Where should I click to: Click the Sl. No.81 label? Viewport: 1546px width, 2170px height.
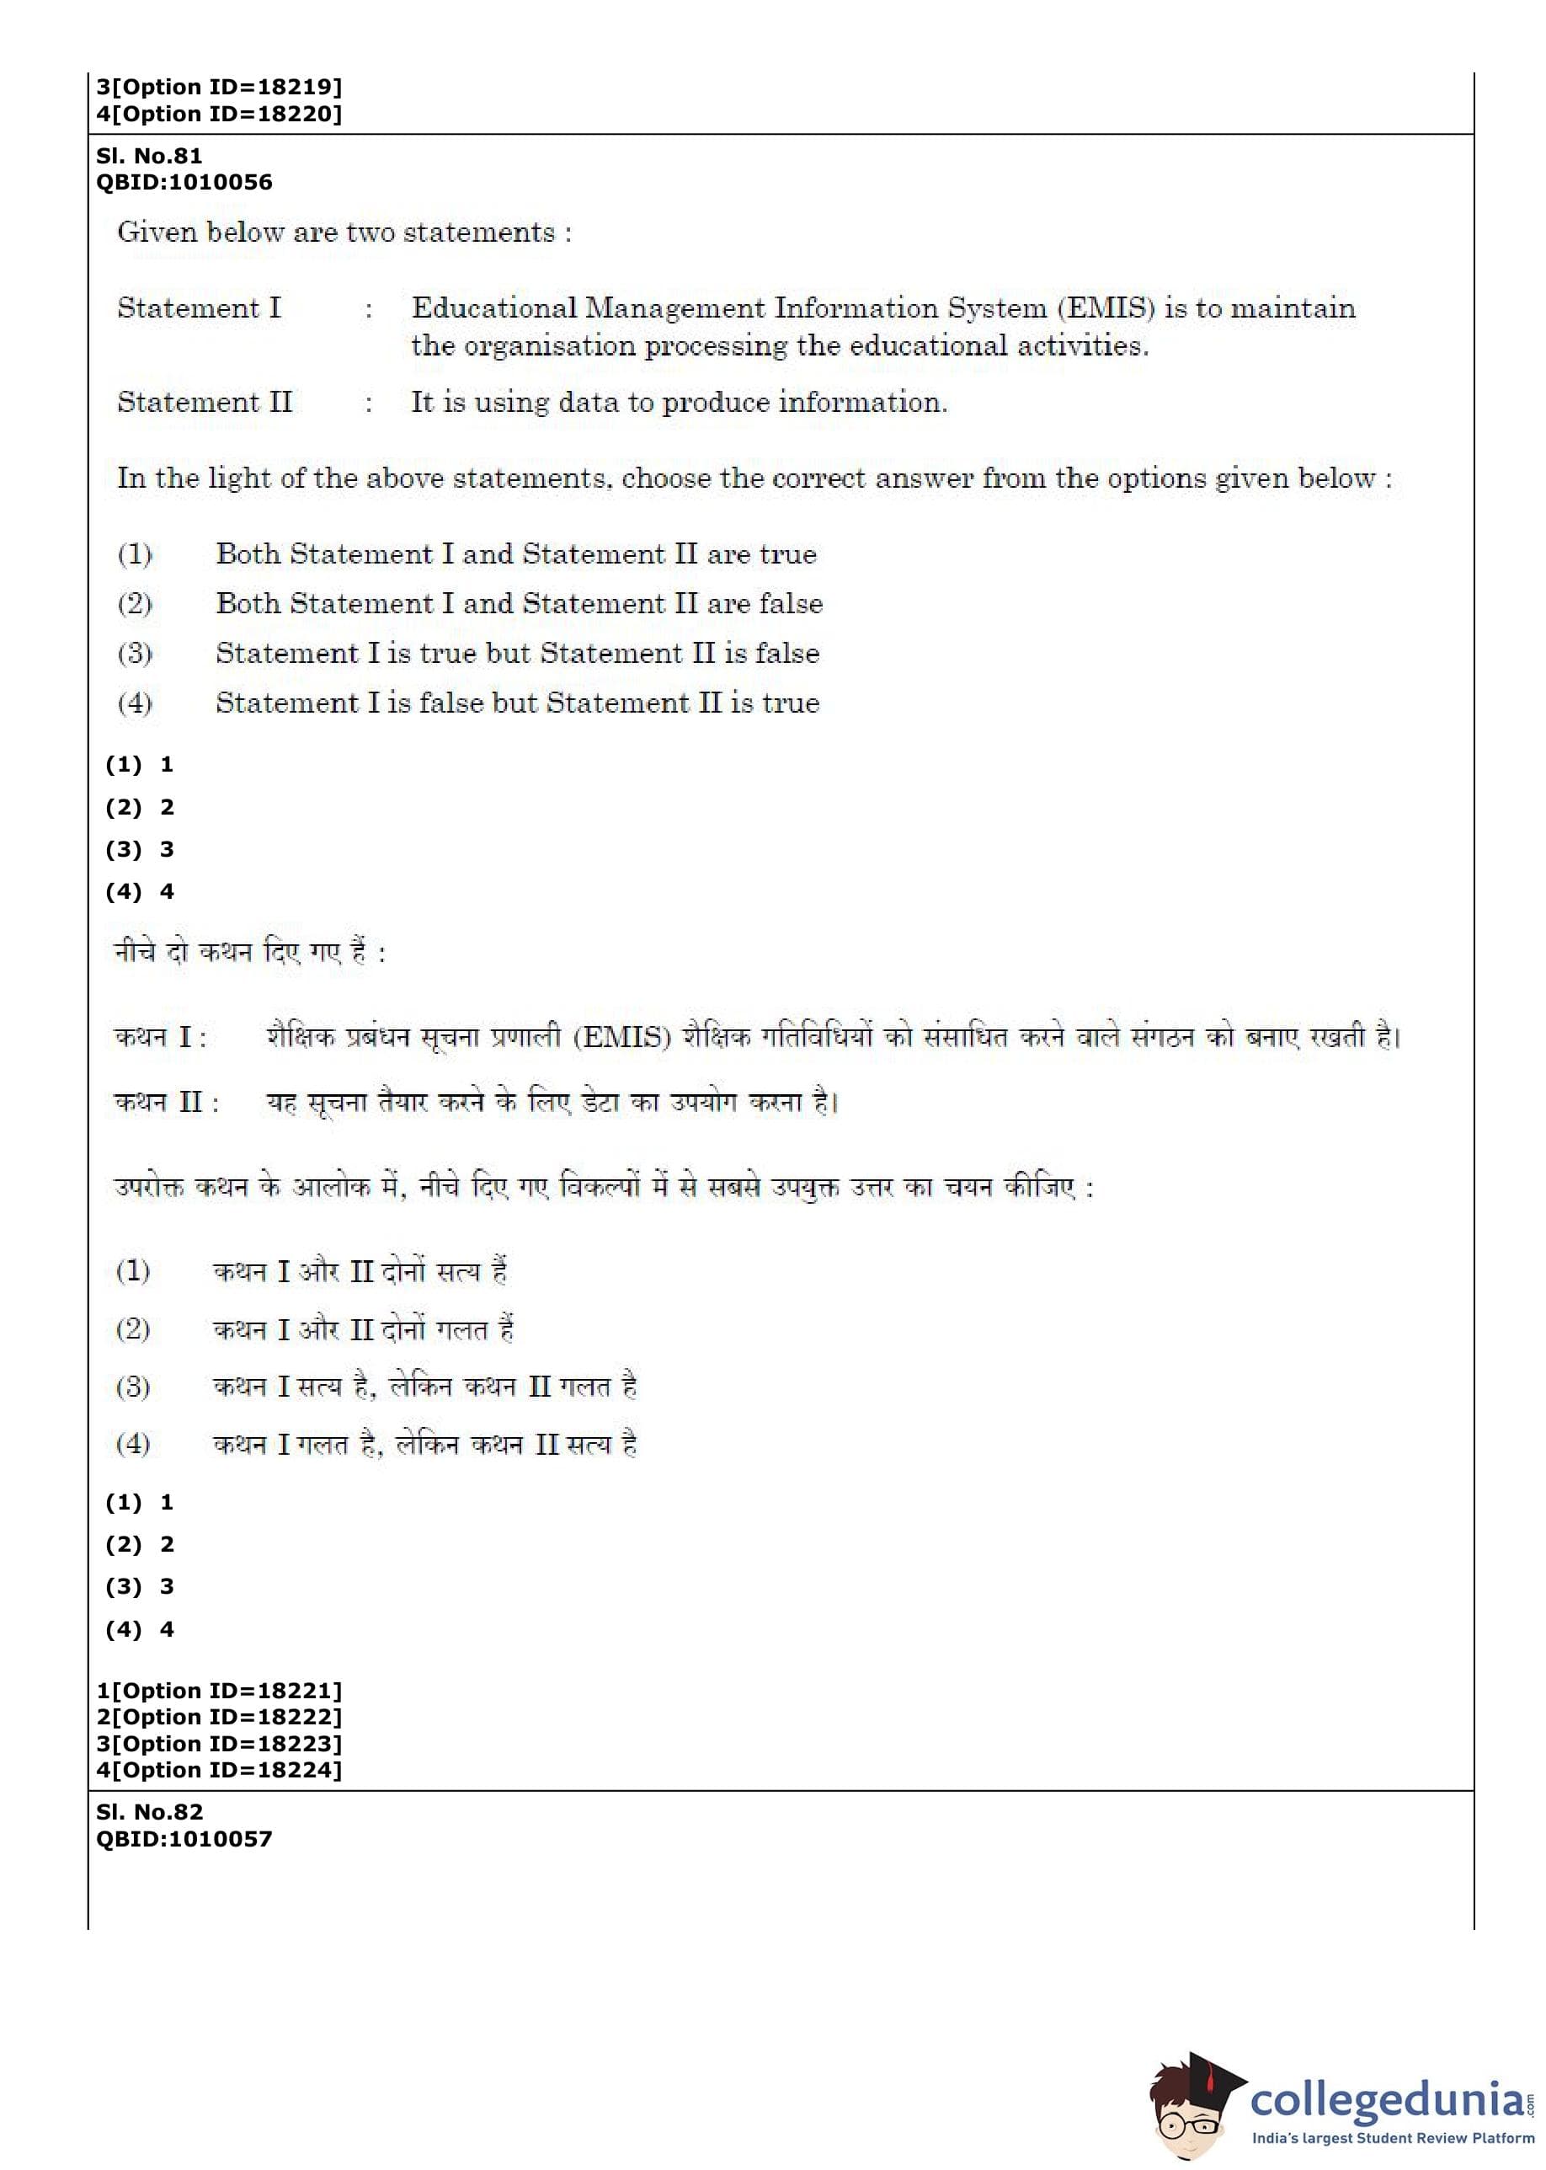coord(148,155)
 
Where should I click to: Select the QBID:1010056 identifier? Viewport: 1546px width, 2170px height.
coord(184,182)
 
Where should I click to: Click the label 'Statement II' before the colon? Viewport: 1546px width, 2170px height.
coord(205,402)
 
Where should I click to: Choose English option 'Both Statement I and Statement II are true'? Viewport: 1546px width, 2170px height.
coord(515,553)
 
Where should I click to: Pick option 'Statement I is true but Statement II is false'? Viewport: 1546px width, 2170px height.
coord(517,652)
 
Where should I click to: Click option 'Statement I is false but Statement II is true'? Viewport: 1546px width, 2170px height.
coord(517,703)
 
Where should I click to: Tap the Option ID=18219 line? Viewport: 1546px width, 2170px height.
coord(219,87)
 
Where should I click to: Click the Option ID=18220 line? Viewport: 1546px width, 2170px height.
coord(219,114)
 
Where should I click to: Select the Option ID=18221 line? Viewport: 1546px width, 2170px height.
coord(219,1690)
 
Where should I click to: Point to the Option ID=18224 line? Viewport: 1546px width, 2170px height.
coord(219,1769)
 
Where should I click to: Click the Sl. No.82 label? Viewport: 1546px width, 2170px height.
coord(148,1812)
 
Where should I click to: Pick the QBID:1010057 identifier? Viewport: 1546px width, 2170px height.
coord(184,1839)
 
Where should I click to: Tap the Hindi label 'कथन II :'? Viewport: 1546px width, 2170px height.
coord(167,1102)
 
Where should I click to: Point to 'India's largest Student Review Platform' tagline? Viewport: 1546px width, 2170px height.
coord(1392,2139)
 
